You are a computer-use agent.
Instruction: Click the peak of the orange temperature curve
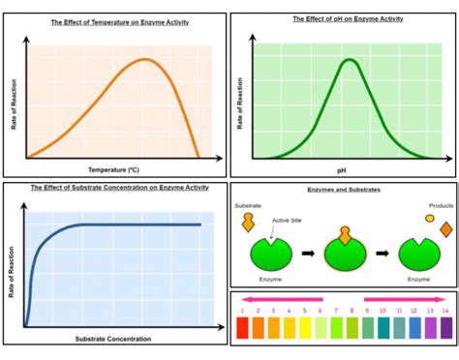tap(145, 60)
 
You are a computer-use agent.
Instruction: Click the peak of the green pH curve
tap(348, 61)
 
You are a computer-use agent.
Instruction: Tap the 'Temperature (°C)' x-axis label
tap(114, 169)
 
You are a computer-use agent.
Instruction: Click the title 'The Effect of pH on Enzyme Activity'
tap(344, 19)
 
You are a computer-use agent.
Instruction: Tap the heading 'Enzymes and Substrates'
tap(344, 191)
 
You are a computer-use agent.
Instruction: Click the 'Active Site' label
tap(289, 221)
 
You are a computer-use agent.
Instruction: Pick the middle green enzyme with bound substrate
tap(344, 255)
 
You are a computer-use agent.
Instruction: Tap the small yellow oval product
tap(429, 218)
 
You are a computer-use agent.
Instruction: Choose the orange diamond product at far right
tap(445, 230)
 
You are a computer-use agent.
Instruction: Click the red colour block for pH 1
tap(243, 327)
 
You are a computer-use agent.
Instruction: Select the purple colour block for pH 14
tap(444, 327)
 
